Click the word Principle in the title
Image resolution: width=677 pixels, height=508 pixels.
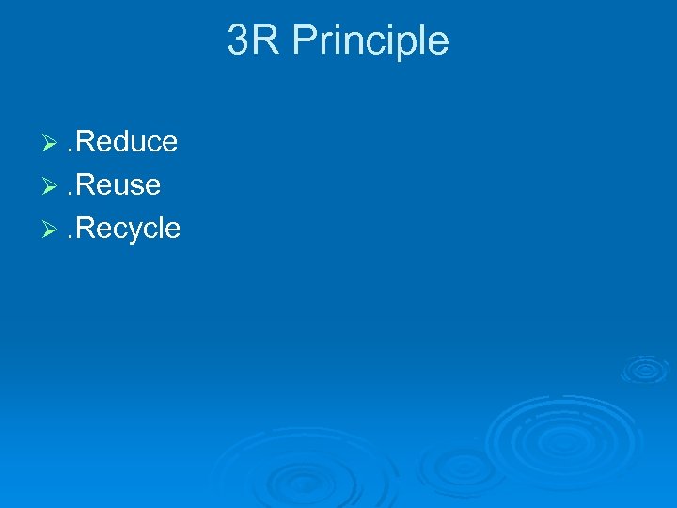pyautogui.click(x=370, y=41)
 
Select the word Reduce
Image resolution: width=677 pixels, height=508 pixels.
pyautogui.click(x=125, y=142)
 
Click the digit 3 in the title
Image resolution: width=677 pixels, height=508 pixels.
pyautogui.click(x=238, y=41)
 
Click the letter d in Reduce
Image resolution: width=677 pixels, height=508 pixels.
pyautogui.click(x=118, y=142)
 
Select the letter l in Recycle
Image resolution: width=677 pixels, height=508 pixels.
pyautogui.click(x=159, y=229)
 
